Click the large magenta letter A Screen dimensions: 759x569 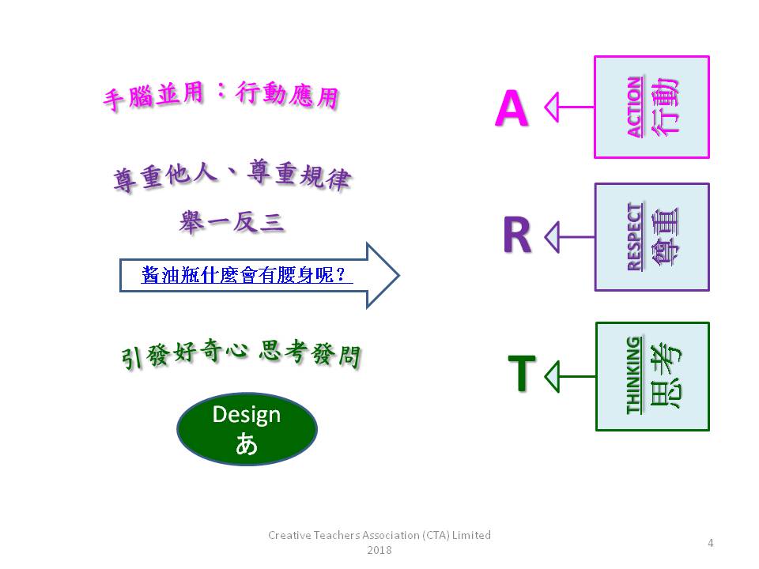512,108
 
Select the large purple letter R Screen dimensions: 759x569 517,235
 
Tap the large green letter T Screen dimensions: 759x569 522,373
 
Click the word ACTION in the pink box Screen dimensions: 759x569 636,107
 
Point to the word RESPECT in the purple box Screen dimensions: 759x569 636,236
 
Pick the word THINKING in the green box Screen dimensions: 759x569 634,375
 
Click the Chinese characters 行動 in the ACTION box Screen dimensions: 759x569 666,107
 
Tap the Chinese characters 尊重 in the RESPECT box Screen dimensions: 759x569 665,236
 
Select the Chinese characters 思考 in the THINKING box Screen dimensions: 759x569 666,375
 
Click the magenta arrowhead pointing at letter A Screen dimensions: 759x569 553,107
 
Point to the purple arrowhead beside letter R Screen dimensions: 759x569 553,237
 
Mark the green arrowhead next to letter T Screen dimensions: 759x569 553,376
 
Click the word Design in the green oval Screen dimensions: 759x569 247,415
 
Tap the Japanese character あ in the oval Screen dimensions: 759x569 247,443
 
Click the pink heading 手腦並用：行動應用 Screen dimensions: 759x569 221,95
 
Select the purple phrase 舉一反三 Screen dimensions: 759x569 232,223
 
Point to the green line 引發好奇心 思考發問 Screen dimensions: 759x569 241,354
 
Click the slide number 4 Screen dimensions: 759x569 711,543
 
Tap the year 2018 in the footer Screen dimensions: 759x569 379,550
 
